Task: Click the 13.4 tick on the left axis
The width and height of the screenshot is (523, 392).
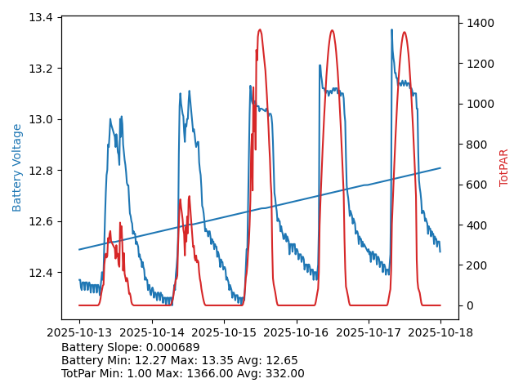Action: pyautogui.click(x=42, y=17)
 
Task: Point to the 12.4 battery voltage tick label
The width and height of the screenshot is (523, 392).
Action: pyautogui.click(x=42, y=273)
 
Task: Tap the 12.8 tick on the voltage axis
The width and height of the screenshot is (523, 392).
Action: pyautogui.click(x=42, y=171)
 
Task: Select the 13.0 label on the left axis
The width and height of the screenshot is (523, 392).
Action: pyautogui.click(x=42, y=119)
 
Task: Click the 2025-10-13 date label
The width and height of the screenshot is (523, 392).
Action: pyautogui.click(x=79, y=332)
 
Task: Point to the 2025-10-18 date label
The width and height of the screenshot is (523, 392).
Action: pyautogui.click(x=440, y=332)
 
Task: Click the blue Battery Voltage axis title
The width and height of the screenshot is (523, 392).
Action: pyautogui.click(x=17, y=167)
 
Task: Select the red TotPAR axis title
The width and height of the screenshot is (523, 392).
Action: pyautogui.click(x=504, y=167)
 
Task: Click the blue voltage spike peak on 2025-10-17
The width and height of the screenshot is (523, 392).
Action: pyautogui.click(x=391, y=30)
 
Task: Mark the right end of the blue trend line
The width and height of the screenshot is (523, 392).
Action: pyautogui.click(x=440, y=168)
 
